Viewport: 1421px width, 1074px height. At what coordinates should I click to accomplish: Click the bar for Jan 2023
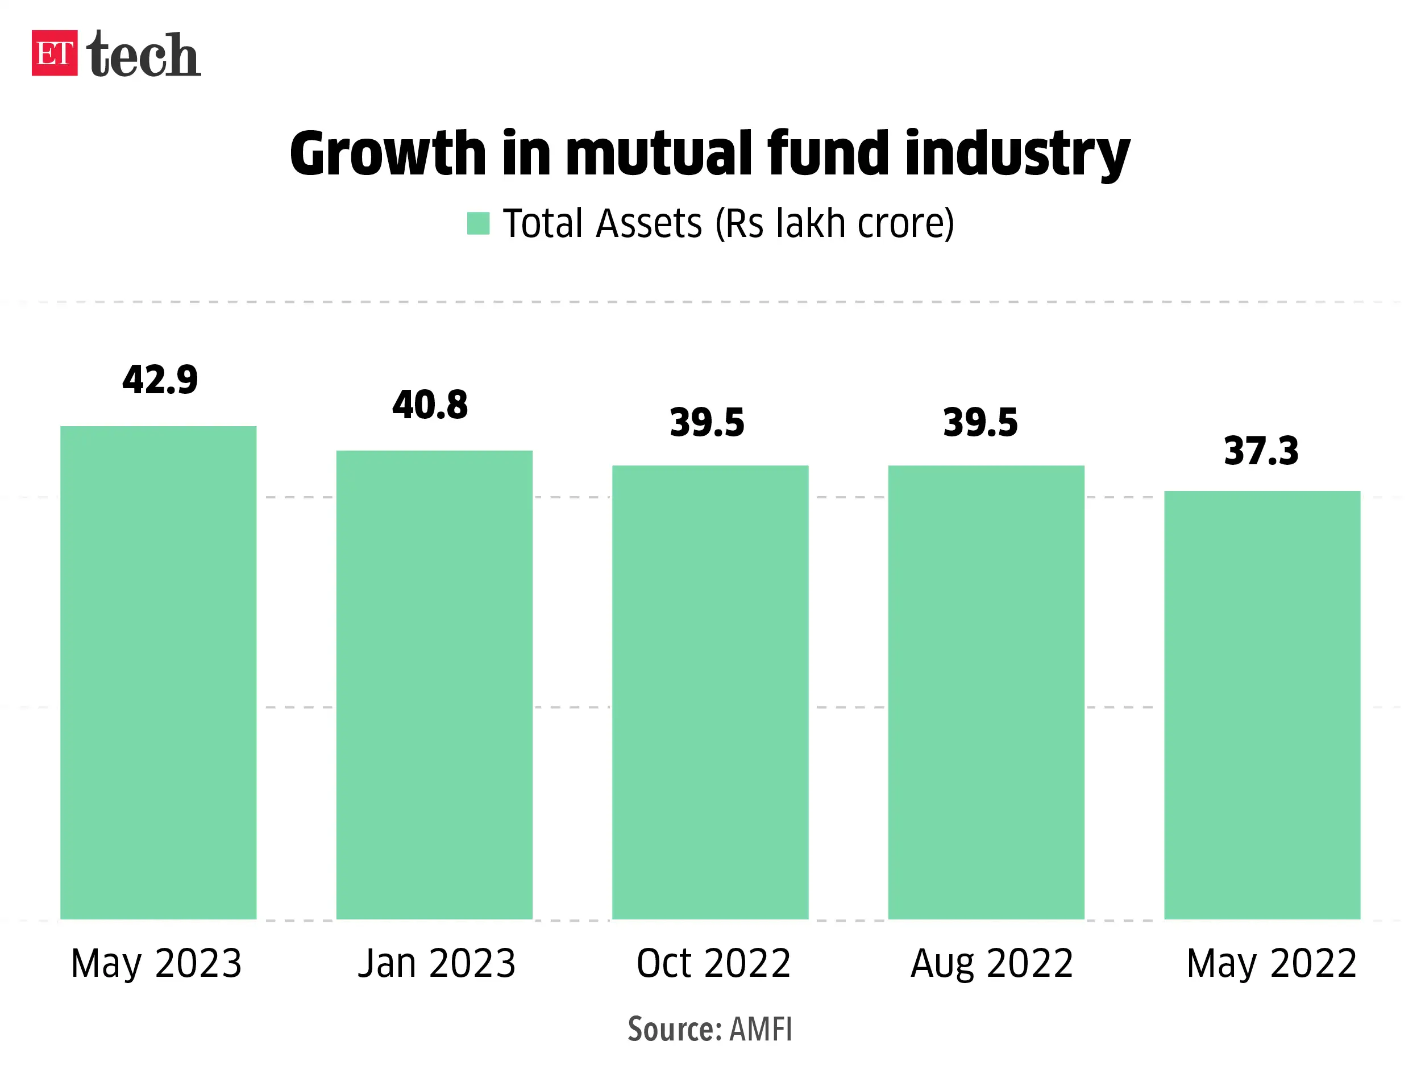tap(434, 684)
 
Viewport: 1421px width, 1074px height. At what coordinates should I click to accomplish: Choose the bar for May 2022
tap(1262, 705)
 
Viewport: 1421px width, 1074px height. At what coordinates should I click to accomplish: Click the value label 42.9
tap(160, 380)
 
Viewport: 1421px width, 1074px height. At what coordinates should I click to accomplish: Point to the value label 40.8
tap(430, 405)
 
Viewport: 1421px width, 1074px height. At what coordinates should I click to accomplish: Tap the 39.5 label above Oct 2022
tap(707, 423)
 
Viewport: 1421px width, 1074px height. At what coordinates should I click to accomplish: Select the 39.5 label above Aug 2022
tap(980, 423)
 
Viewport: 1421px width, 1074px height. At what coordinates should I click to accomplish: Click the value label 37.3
tap(1261, 451)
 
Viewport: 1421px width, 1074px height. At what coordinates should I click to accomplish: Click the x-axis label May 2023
tap(156, 964)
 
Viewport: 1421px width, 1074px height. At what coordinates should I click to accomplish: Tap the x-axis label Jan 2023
tap(436, 964)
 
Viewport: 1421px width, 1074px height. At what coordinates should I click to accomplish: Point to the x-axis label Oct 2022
tap(713, 964)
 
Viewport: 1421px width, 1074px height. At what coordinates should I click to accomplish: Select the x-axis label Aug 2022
tap(991, 964)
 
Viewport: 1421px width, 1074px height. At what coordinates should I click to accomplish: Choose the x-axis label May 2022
tap(1272, 964)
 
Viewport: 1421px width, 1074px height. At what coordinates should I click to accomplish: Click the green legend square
tap(478, 223)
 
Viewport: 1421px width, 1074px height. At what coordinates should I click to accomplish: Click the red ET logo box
tap(55, 53)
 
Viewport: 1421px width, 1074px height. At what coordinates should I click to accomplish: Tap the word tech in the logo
tap(143, 55)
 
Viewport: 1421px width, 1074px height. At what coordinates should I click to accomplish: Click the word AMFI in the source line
tap(761, 1030)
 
